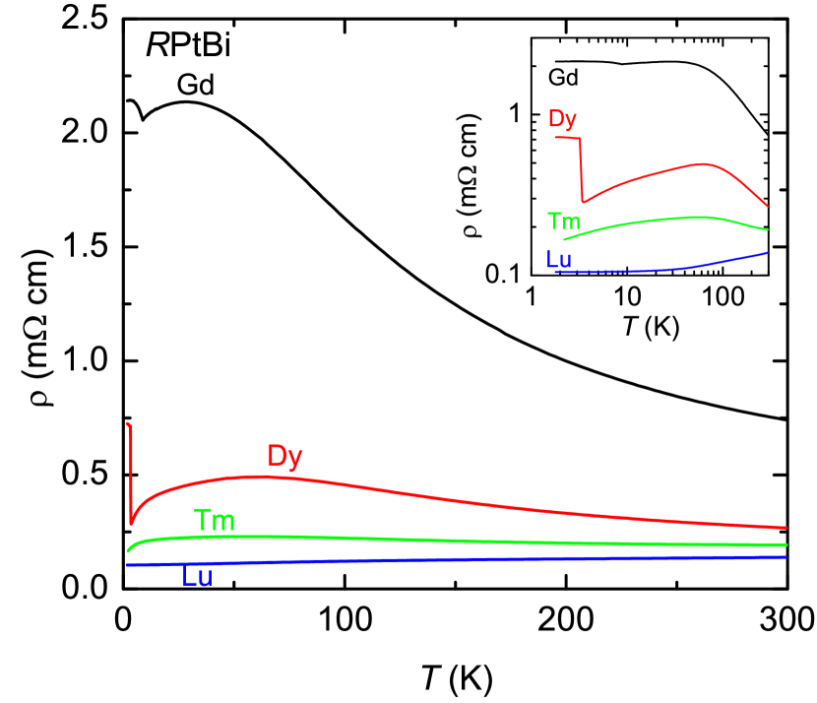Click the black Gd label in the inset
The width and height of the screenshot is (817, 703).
tap(562, 77)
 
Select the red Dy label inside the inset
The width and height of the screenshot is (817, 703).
tap(562, 119)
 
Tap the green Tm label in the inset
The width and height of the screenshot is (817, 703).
tap(562, 221)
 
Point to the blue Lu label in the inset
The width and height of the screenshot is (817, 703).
tap(558, 260)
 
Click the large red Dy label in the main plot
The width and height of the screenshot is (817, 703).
tap(284, 456)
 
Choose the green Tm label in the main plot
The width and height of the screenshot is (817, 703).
tap(215, 520)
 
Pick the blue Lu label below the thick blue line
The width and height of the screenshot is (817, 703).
tap(197, 578)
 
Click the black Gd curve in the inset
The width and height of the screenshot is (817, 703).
tap(669, 62)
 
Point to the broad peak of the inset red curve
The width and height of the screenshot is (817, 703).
tap(701, 164)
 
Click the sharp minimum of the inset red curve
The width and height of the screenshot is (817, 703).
tap(583, 202)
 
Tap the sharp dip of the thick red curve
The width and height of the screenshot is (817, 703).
tap(131, 522)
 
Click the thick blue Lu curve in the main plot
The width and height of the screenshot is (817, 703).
tap(443, 560)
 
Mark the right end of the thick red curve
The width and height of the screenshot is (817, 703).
tap(785, 527)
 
